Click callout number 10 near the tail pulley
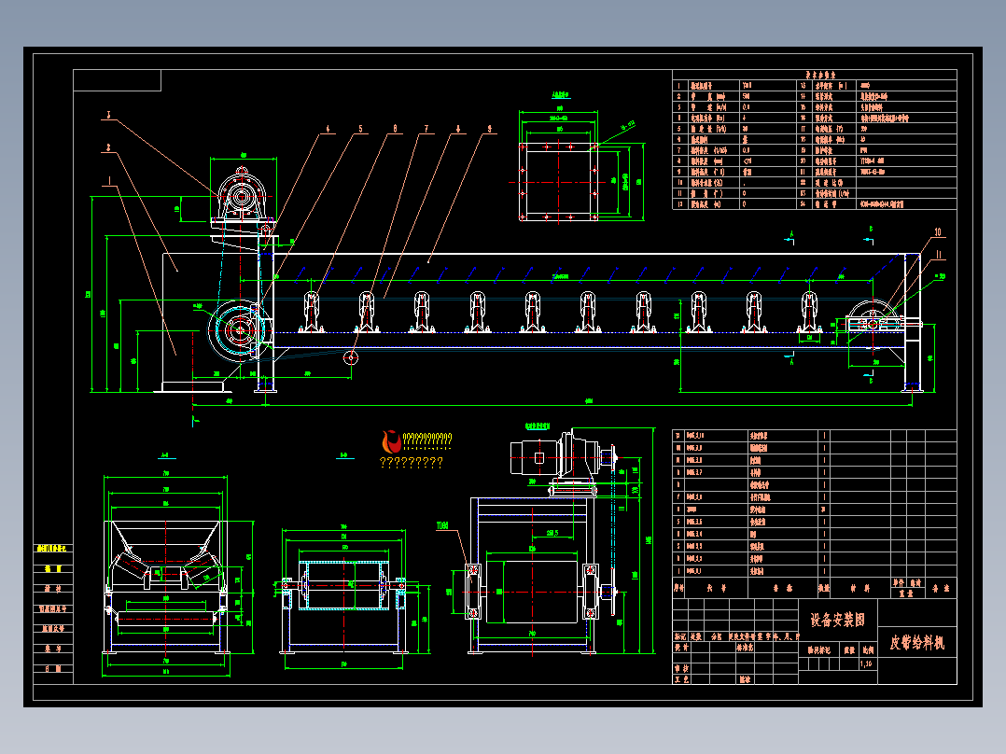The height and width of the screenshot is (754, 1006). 938,232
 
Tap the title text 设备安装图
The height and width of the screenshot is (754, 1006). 837,620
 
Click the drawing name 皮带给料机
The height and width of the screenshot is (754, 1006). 917,642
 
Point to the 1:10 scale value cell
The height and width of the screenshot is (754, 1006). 867,664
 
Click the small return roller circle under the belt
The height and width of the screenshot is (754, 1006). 351,357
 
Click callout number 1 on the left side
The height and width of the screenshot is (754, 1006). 110,179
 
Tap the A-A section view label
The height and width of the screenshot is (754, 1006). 164,456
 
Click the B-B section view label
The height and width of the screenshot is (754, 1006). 343,456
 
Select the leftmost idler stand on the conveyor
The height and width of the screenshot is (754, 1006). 311,313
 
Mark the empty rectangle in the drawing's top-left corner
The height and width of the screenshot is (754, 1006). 118,80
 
